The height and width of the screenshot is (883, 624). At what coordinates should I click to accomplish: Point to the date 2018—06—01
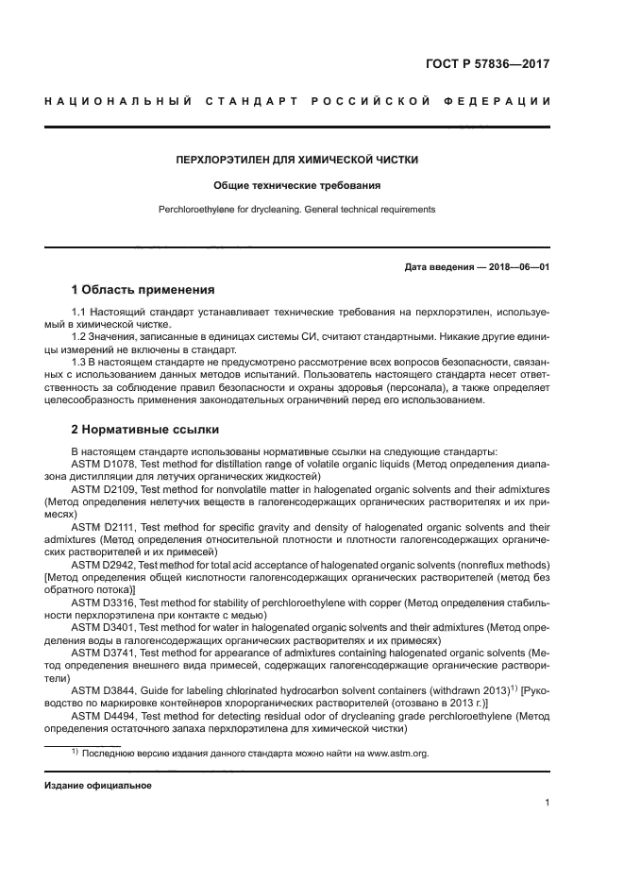(517, 266)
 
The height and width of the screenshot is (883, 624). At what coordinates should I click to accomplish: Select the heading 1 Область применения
(143, 289)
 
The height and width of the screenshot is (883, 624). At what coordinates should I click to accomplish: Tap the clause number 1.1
(80, 312)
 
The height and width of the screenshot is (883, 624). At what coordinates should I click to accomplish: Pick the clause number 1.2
(80, 336)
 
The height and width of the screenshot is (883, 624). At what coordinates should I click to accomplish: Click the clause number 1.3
(80, 362)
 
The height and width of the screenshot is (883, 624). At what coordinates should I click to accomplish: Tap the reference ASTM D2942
(104, 564)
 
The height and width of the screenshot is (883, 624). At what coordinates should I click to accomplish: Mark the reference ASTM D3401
(104, 627)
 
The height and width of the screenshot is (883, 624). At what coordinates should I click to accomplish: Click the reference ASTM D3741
(104, 653)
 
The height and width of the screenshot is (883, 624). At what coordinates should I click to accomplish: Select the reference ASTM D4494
(104, 716)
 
